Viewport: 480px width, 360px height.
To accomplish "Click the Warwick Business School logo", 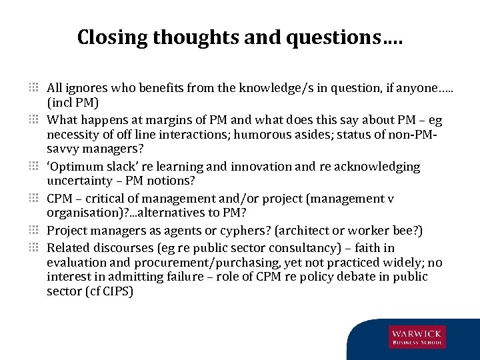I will point(417,337).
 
